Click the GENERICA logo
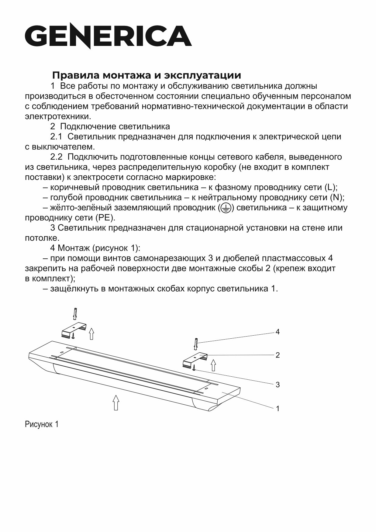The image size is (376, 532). pyautogui.click(x=108, y=36)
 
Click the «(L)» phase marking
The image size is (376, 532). pyautogui.click(x=330, y=187)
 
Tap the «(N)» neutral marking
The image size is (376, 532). pyautogui.click(x=336, y=198)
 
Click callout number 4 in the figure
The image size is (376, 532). pyautogui.click(x=277, y=332)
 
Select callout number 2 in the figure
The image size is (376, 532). pyautogui.click(x=277, y=355)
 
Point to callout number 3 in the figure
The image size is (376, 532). pyautogui.click(x=277, y=385)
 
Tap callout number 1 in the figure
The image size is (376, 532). pyautogui.click(x=277, y=409)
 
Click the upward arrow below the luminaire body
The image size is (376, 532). pyautogui.click(x=116, y=402)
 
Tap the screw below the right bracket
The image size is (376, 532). pyautogui.click(x=194, y=368)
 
